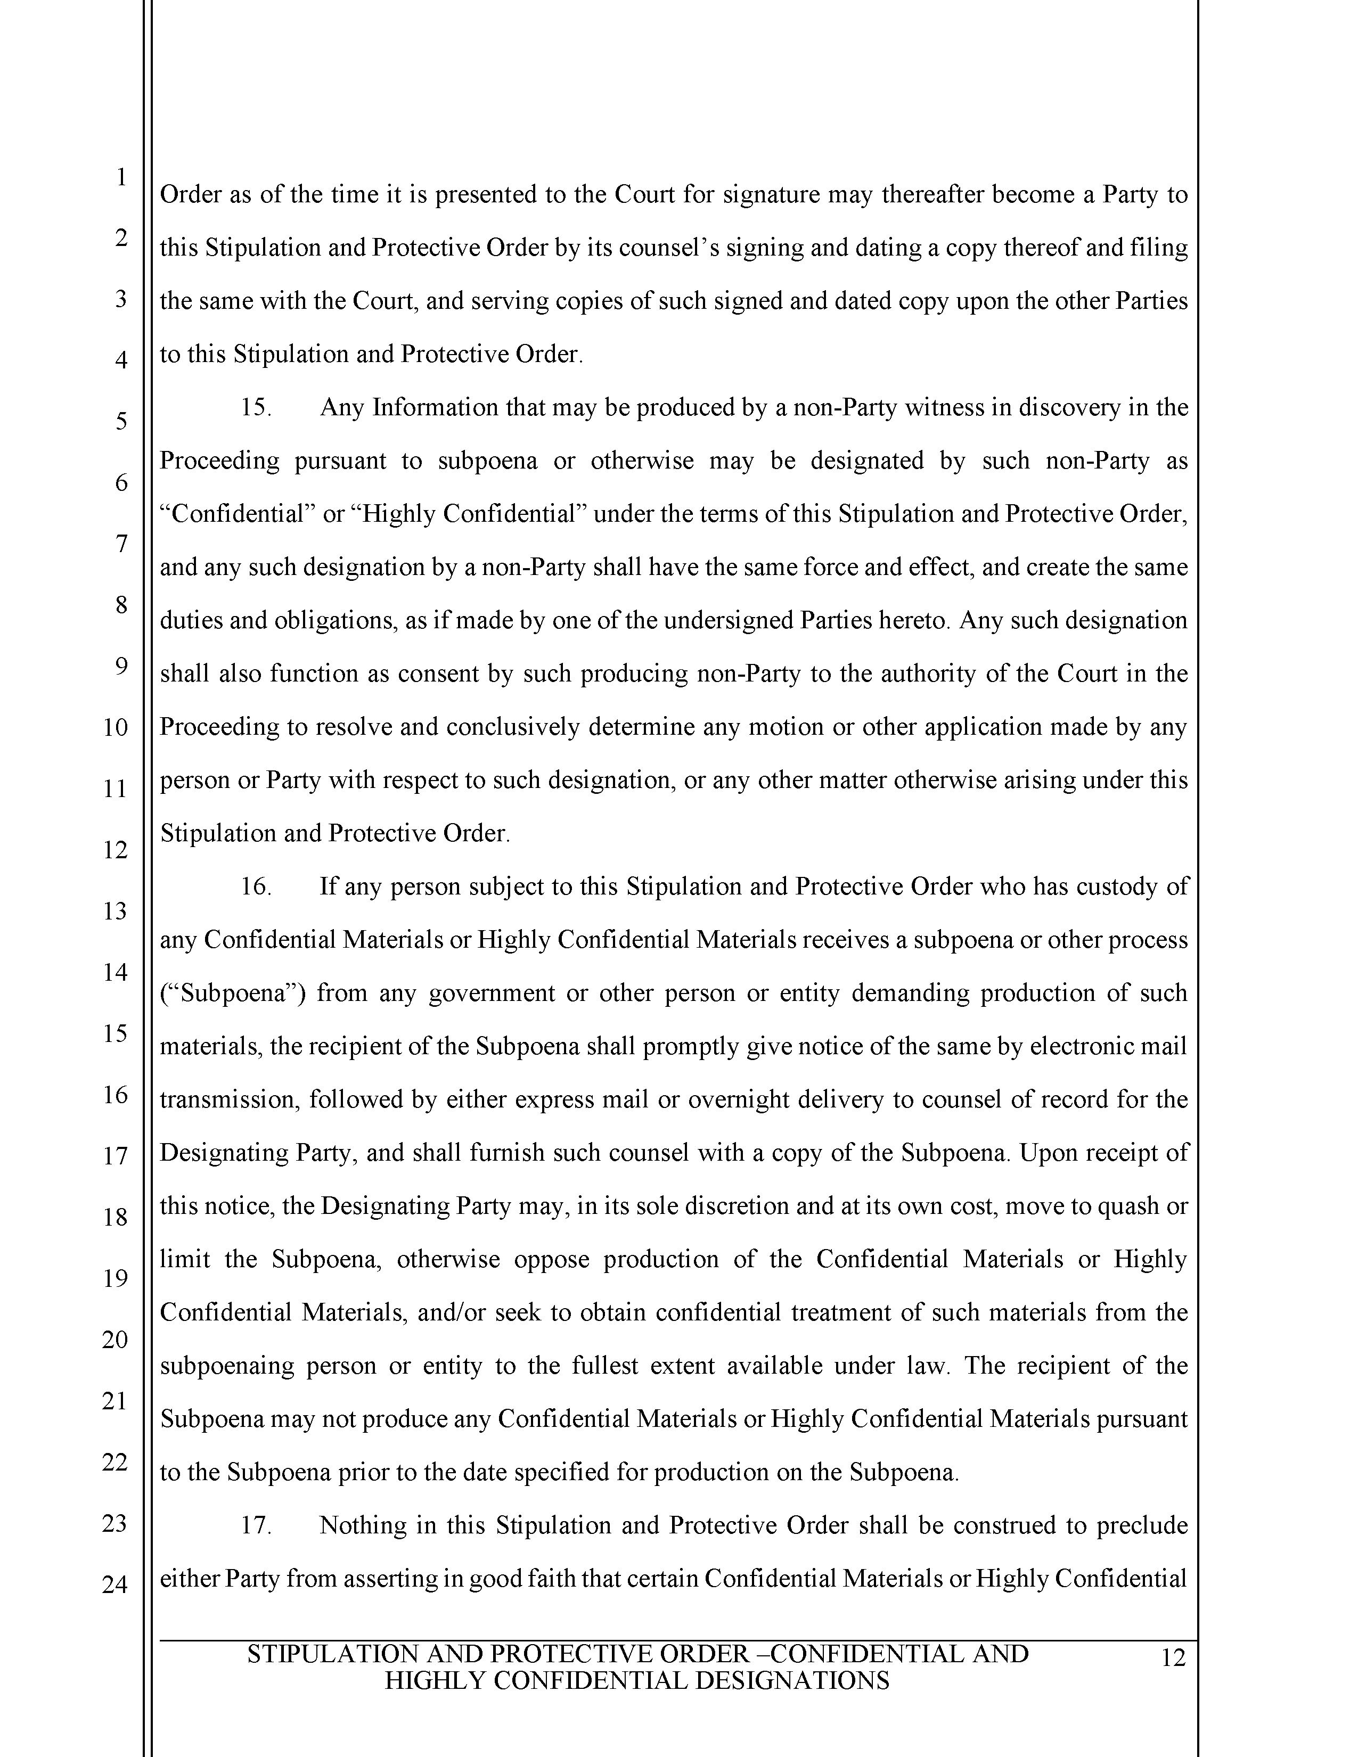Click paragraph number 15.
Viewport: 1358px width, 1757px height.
[256, 408]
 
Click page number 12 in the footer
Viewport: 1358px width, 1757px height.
[1174, 1658]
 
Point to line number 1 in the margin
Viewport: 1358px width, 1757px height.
[121, 176]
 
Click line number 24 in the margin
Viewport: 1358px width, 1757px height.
[115, 1586]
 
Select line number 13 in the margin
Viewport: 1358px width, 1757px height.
[115, 912]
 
